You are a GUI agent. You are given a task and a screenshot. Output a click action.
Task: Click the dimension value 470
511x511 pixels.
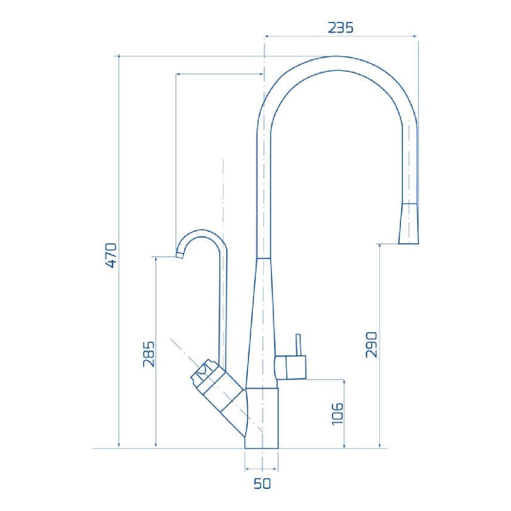coord(110,256)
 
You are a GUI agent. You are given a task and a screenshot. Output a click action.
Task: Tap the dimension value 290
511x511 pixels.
coord(372,344)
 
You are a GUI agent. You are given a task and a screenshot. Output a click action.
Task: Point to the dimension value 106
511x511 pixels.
coord(338,414)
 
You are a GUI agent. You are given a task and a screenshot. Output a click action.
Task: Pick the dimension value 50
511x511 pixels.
coord(262,484)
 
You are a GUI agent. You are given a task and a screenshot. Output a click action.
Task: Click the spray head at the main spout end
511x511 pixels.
coord(409,224)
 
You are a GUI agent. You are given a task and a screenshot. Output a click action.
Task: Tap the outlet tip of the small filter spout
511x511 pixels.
coord(179,254)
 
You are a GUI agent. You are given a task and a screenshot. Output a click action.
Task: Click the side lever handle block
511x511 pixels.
coord(291,367)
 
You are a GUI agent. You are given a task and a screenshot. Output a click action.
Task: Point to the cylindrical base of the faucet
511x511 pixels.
coord(263,418)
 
